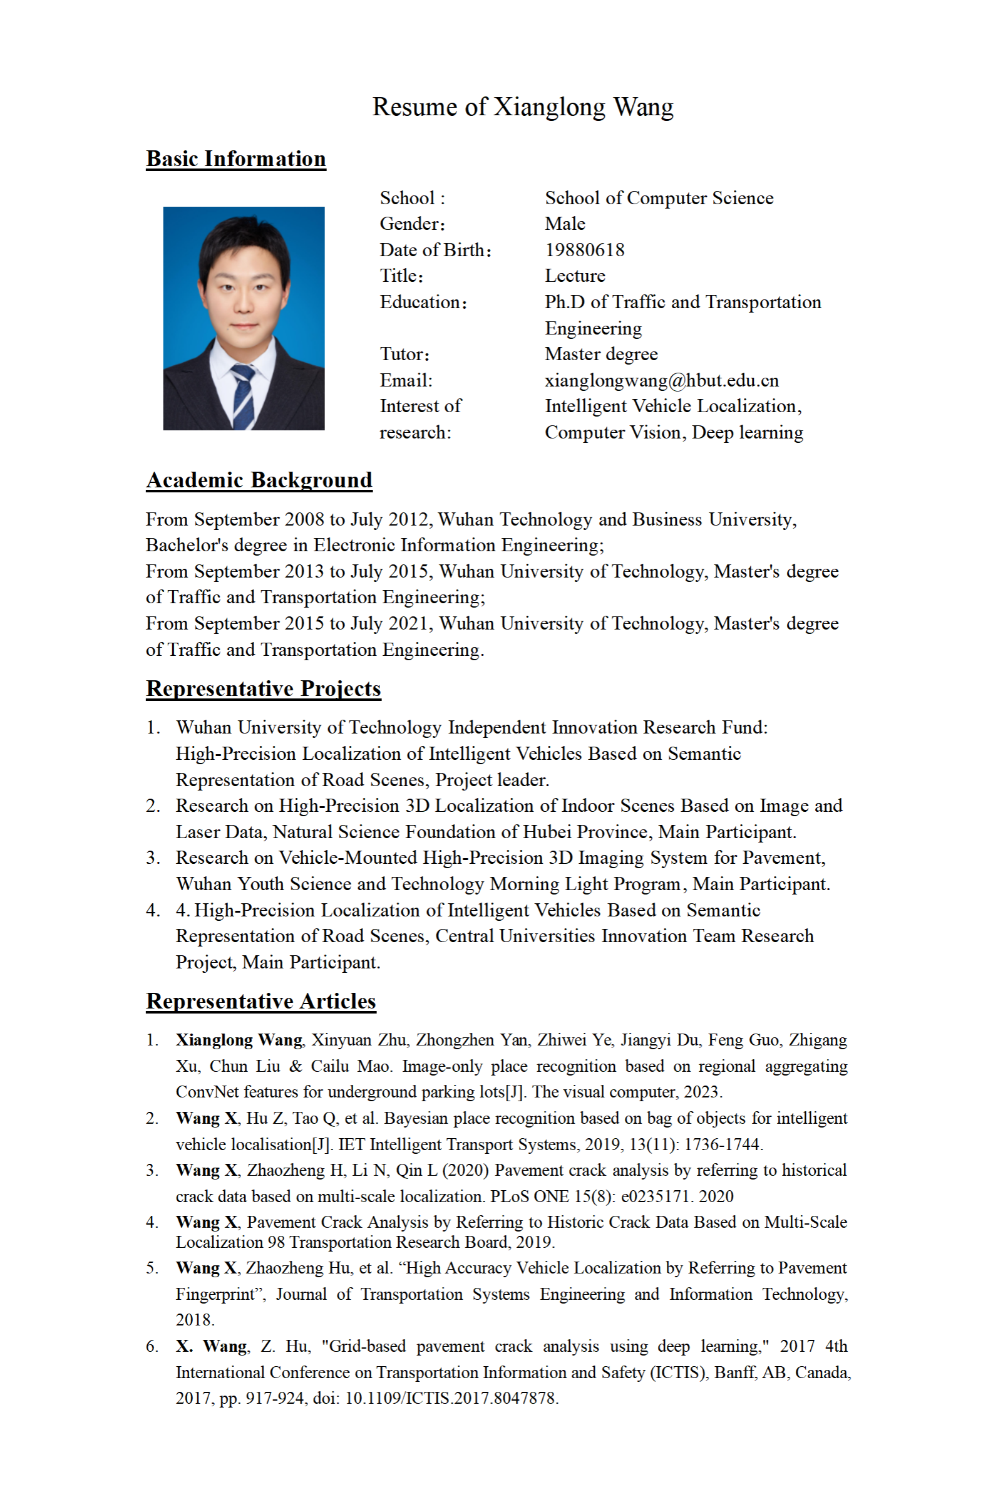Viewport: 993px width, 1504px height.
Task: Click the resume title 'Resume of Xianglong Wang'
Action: coord(522,107)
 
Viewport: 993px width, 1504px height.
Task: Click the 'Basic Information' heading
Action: coord(235,158)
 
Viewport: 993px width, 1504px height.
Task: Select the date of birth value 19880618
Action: coord(585,249)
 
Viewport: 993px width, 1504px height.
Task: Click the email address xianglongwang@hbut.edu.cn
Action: coord(661,380)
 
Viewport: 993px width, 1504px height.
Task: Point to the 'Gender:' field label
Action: coord(412,224)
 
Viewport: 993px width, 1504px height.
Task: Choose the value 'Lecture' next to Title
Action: coord(574,276)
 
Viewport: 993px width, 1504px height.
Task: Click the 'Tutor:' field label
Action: coord(404,354)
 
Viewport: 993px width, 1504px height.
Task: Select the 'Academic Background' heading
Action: coord(259,480)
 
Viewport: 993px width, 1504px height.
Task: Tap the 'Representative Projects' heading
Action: coord(264,688)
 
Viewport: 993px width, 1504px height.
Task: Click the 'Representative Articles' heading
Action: coord(261,1000)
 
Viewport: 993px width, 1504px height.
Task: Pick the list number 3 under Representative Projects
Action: coord(153,858)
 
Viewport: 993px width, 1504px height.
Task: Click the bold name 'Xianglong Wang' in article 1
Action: coord(239,1040)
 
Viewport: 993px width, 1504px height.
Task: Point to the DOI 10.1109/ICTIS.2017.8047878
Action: coord(451,1398)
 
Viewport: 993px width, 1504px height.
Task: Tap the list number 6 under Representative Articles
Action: coord(153,1346)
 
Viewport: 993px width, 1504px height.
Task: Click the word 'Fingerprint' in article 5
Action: coord(219,1294)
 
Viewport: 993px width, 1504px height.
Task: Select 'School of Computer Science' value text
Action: coord(659,198)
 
